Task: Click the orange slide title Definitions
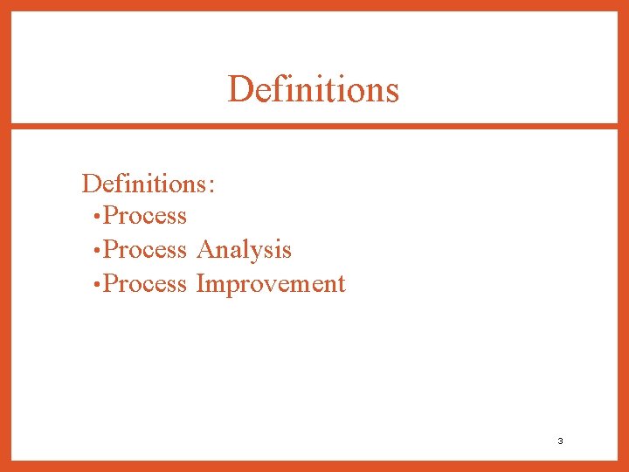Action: click(x=313, y=89)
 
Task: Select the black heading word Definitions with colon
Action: click(x=149, y=184)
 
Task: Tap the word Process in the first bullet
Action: click(x=145, y=216)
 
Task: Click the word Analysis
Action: click(x=244, y=250)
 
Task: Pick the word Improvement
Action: click(x=271, y=284)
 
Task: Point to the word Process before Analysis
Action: click(x=145, y=250)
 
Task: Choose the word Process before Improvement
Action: click(x=145, y=284)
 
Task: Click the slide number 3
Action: click(x=560, y=441)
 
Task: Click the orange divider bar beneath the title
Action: click(x=314, y=127)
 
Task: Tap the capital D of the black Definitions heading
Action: click(x=90, y=184)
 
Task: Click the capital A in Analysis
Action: click(x=206, y=249)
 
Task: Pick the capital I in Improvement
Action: click(x=201, y=283)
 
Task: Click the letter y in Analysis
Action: click(x=267, y=253)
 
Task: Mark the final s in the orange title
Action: click(x=392, y=91)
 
